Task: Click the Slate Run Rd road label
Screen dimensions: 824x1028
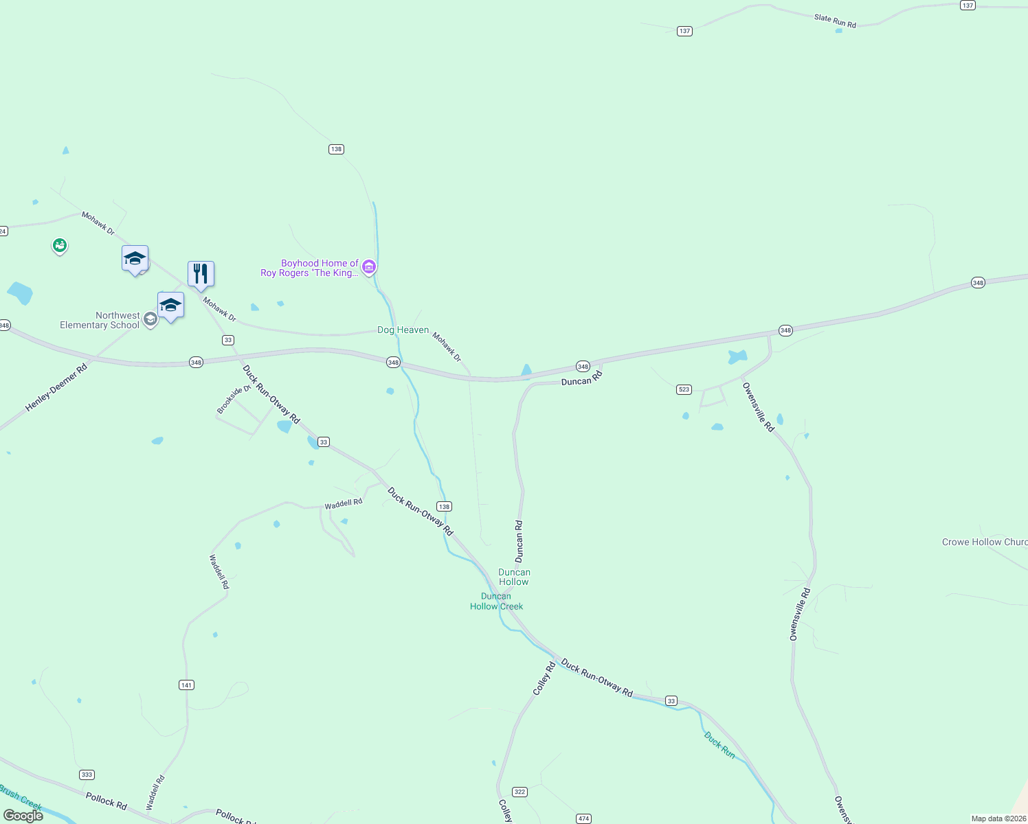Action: (835, 21)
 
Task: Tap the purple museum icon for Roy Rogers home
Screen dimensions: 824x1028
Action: (369, 266)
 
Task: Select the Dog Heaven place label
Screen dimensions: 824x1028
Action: (403, 330)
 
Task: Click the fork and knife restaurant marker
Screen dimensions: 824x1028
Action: (201, 274)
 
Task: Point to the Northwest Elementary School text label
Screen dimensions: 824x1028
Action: (100, 321)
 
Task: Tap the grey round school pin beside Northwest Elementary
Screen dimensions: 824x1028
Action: (150, 320)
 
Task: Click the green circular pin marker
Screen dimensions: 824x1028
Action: (60, 245)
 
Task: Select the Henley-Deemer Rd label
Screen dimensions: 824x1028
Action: (56, 388)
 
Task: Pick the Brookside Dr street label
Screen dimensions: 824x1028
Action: (234, 400)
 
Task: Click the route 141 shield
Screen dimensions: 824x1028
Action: (186, 685)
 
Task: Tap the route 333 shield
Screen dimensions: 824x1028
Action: (87, 775)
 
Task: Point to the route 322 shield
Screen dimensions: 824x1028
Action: (519, 792)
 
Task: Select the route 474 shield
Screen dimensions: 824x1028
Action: (583, 818)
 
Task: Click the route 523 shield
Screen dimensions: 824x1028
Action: (684, 389)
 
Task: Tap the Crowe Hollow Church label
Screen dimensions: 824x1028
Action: (984, 542)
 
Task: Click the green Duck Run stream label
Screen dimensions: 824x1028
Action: (719, 745)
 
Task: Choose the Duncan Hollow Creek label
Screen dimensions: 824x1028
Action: (496, 602)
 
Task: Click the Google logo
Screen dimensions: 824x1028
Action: (23, 816)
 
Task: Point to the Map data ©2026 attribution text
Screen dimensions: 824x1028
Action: (998, 819)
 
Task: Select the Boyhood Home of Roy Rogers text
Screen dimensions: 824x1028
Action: (310, 268)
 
